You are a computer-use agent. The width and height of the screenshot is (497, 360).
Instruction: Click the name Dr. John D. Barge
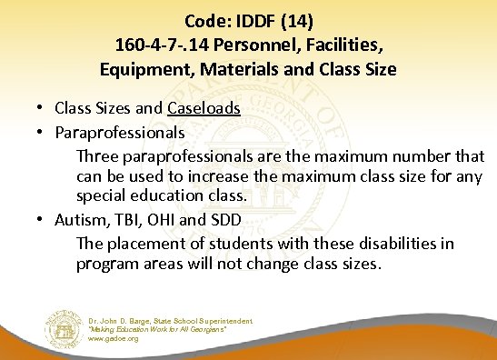coord(119,321)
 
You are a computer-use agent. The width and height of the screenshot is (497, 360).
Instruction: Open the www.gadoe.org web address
coord(114,338)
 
